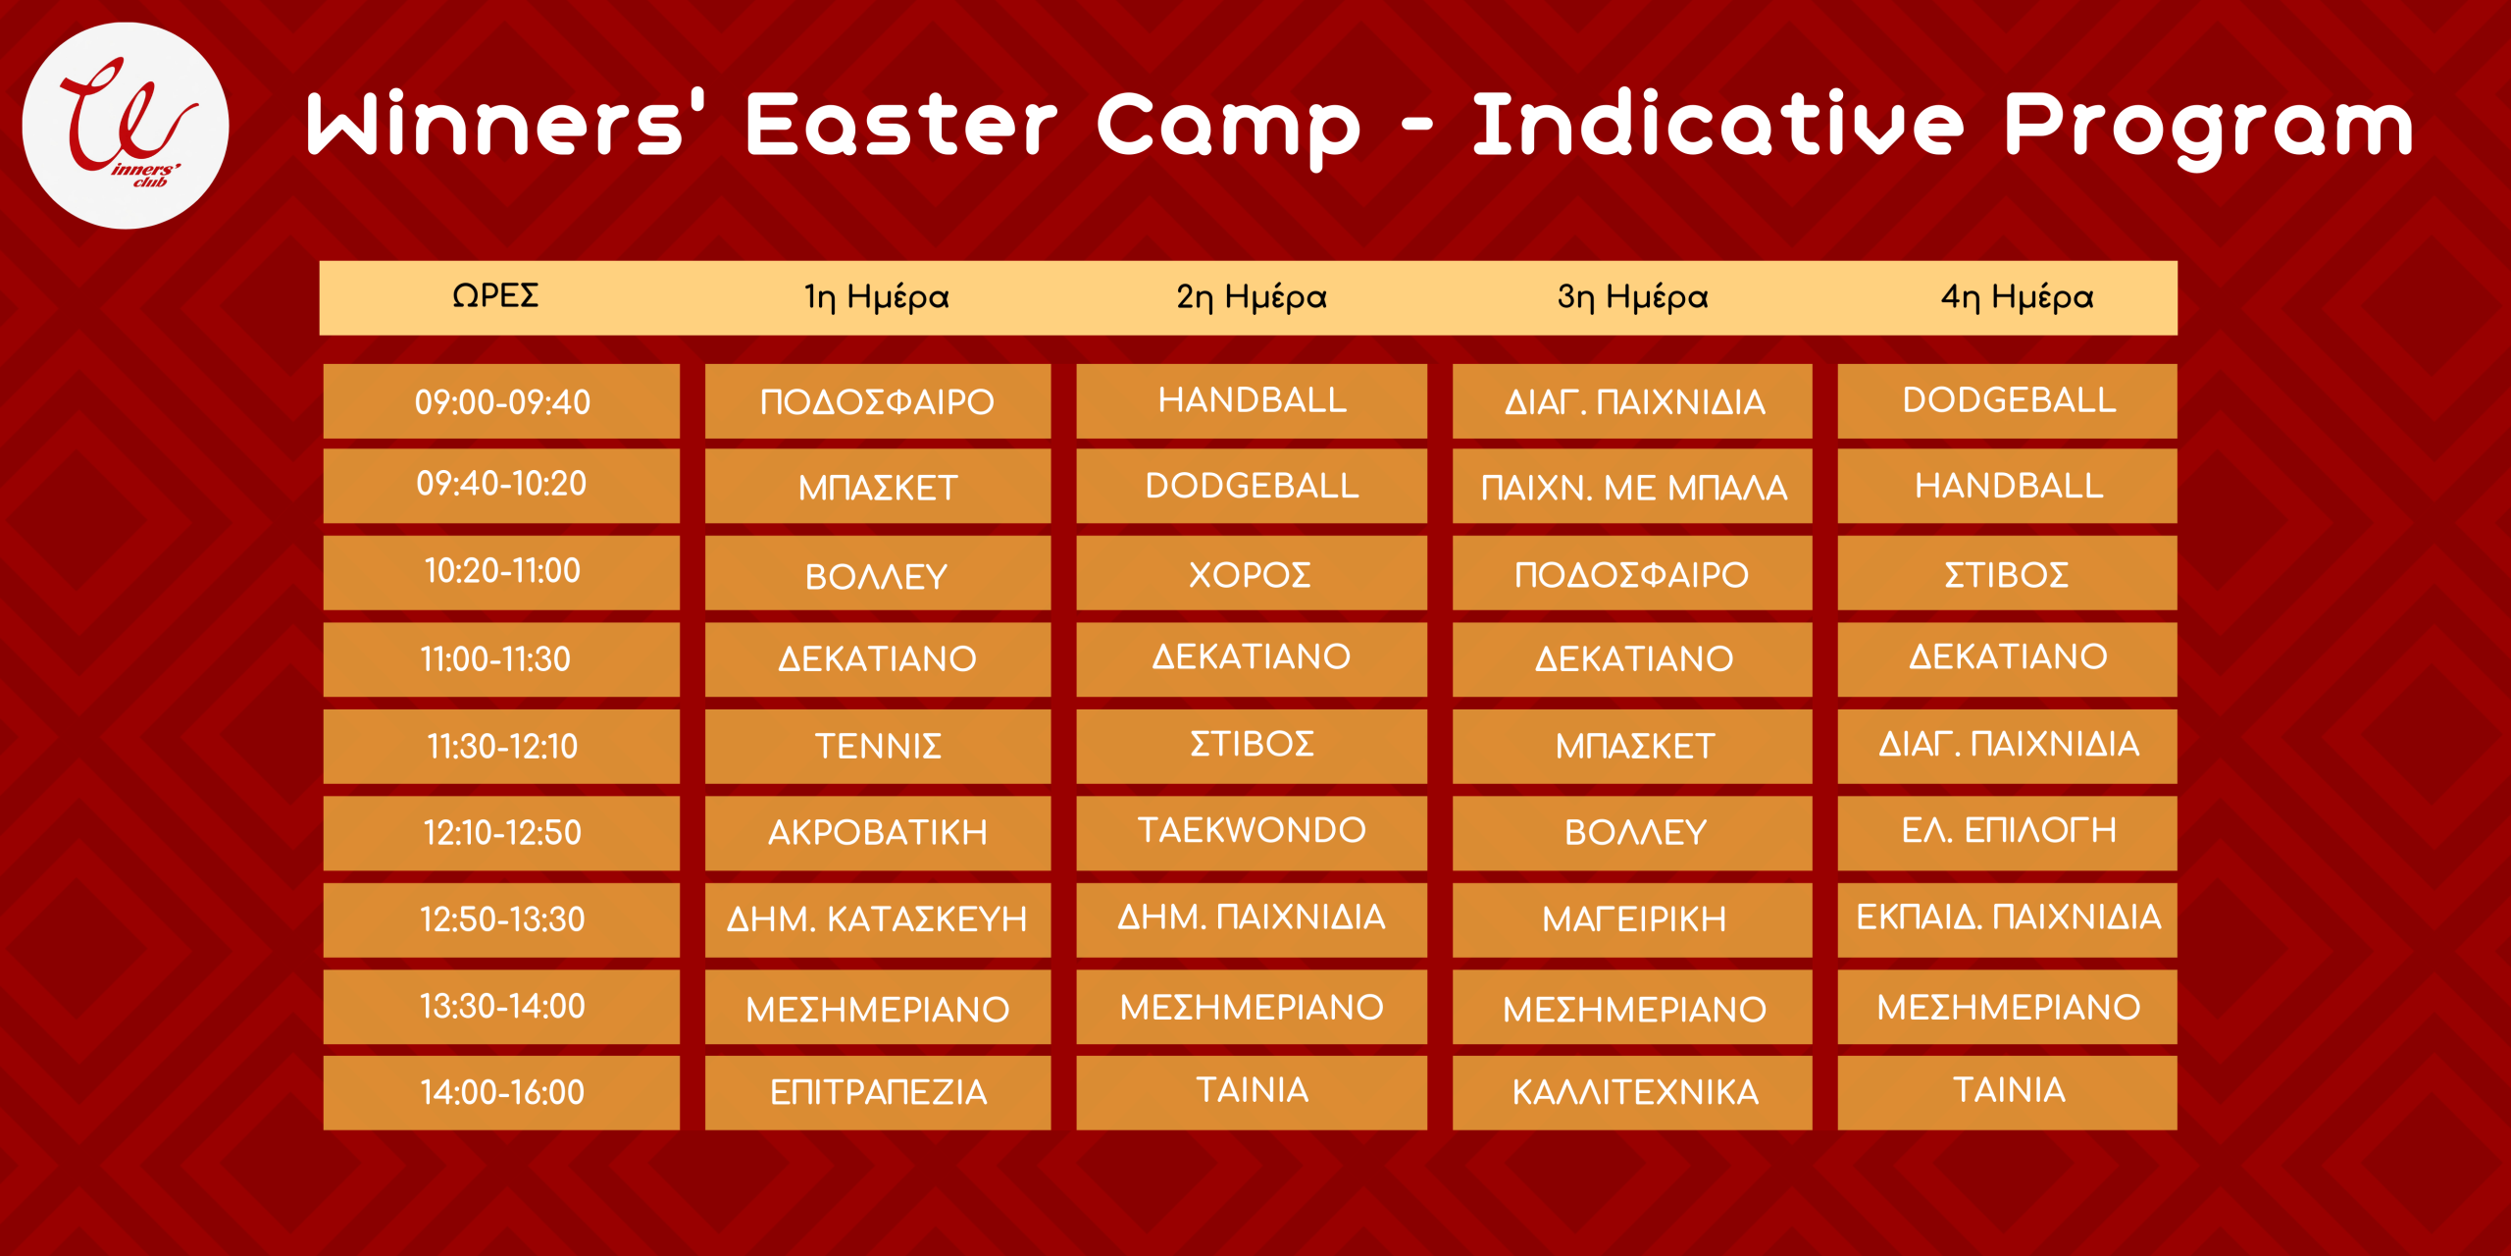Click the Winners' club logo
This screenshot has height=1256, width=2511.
[x=126, y=126]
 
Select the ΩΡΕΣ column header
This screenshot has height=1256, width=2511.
[x=495, y=295]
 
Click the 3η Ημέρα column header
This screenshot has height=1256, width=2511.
[x=1632, y=296]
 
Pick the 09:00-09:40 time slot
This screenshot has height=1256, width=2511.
[x=501, y=401]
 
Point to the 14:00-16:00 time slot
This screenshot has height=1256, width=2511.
[x=501, y=1092]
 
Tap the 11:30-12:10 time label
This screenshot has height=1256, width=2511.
[x=501, y=747]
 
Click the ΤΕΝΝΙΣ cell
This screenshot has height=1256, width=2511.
[x=878, y=747]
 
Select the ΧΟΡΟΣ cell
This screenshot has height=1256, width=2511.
[x=1252, y=574]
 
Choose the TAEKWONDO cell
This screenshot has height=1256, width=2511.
[x=1252, y=832]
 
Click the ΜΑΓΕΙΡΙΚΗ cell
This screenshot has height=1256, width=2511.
[x=1632, y=919]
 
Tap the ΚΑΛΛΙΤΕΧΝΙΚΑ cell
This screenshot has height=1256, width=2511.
[x=1632, y=1092]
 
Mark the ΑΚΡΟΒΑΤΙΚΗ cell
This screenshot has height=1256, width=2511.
[x=878, y=832]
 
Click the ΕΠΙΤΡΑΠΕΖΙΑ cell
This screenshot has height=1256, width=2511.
[x=878, y=1092]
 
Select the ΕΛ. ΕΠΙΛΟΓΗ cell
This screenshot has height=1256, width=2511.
[x=2008, y=832]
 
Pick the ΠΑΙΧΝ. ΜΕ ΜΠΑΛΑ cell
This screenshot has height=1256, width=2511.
[x=1632, y=487]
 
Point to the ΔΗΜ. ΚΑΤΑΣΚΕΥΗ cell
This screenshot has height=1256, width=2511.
[x=878, y=919]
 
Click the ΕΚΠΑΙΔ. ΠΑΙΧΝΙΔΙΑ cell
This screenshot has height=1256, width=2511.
[x=2008, y=919]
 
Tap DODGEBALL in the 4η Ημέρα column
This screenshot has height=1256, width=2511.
[x=2008, y=401]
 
